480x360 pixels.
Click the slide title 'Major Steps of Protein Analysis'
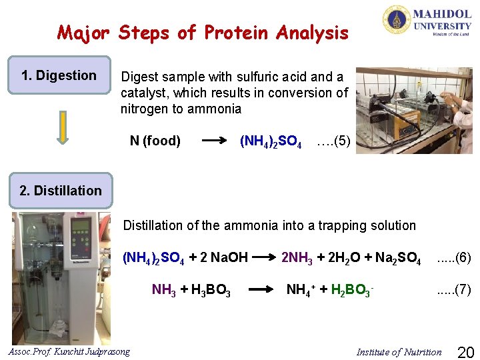(203, 32)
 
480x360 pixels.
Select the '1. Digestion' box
(59, 75)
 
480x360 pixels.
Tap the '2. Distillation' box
(61, 191)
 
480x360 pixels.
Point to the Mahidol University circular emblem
(396, 19)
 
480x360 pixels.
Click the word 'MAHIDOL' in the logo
(442, 14)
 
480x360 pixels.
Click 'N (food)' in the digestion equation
(155, 141)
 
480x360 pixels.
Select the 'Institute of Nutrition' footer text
(399, 352)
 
